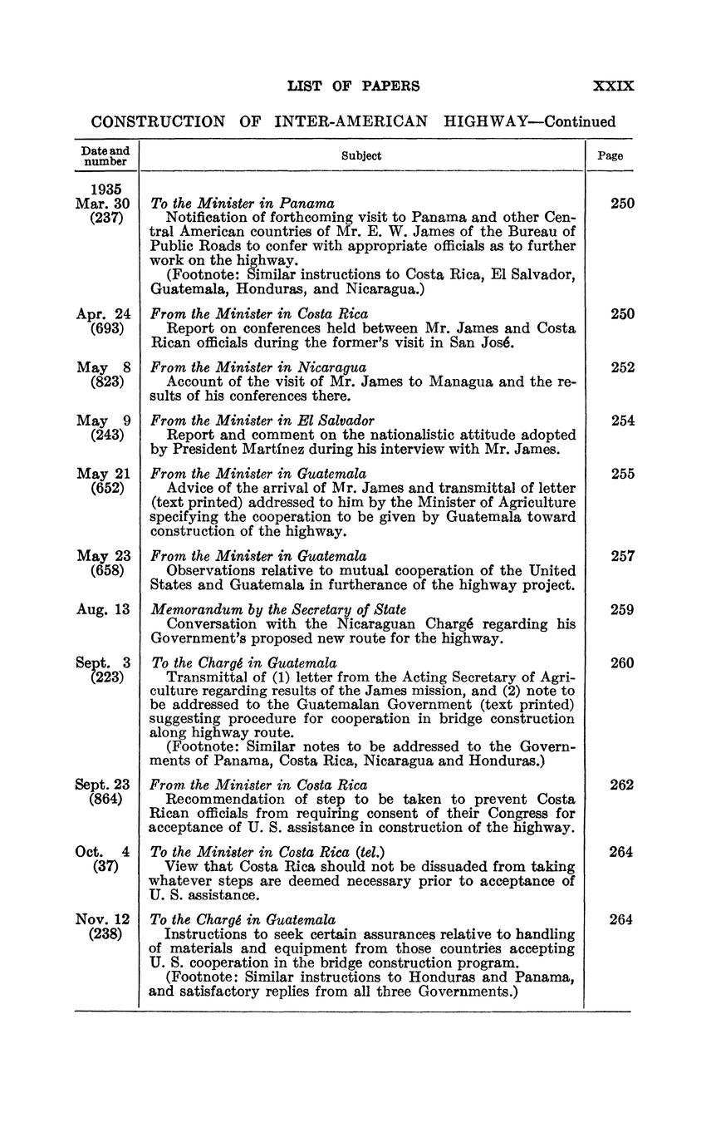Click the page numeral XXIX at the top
(x=614, y=86)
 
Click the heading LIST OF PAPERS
(x=353, y=86)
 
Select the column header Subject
(x=361, y=155)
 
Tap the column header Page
(x=610, y=155)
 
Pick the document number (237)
(x=106, y=218)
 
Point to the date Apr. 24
(x=103, y=314)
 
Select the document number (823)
(x=106, y=382)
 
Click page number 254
(x=623, y=421)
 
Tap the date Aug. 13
(x=103, y=609)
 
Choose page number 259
(x=623, y=609)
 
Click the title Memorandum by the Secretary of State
(x=278, y=609)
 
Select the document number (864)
(x=106, y=800)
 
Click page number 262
(x=623, y=785)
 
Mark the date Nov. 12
(x=103, y=919)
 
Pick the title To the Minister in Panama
(x=243, y=203)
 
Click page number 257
(x=623, y=556)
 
